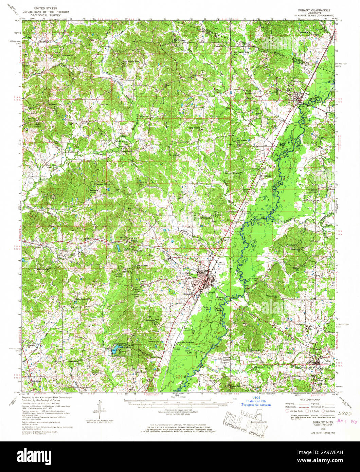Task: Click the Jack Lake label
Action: [x=187, y=351]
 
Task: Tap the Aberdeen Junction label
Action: [x=185, y=342]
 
